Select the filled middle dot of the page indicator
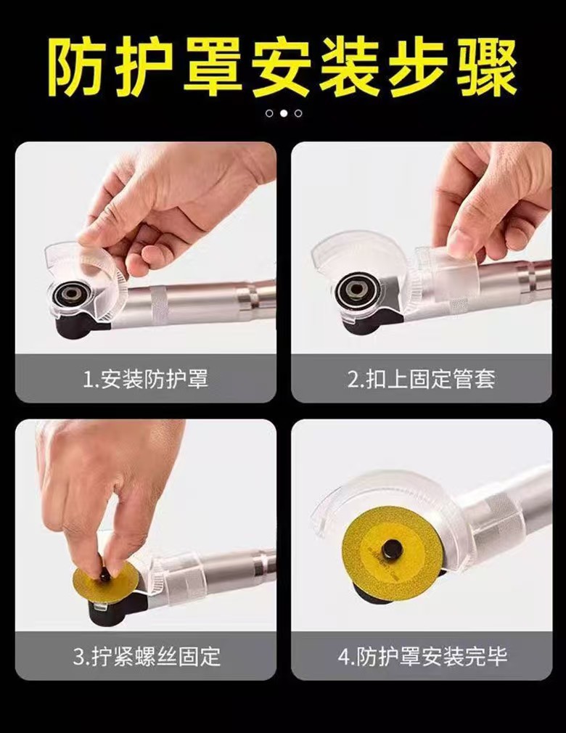(284, 113)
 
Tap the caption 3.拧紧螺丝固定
(146, 658)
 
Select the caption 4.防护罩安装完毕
(422, 658)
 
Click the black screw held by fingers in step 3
(106, 574)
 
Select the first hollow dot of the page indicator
(269, 113)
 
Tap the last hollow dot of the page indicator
(298, 113)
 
